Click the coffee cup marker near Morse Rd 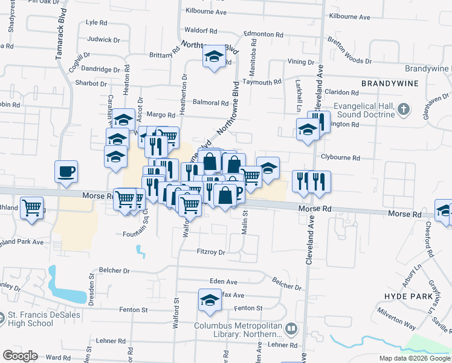click(66, 171)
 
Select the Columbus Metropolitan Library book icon click(291, 329)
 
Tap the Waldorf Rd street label click(201, 30)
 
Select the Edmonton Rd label click(263, 34)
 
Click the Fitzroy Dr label click(211, 252)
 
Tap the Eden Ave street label click(223, 281)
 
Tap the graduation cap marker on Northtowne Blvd click(213, 56)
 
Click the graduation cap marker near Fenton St click(209, 300)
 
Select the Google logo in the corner click(20, 356)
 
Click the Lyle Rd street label click(97, 22)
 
